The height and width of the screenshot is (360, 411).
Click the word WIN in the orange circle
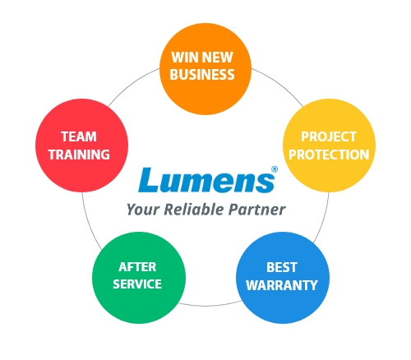tap(185, 58)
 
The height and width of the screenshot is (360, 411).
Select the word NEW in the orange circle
tap(218, 58)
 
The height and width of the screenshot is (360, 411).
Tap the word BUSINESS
tap(202, 75)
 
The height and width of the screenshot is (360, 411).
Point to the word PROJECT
tap(329, 136)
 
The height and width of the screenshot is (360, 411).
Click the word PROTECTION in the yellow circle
tap(329, 155)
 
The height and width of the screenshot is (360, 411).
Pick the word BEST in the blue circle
tap(282, 267)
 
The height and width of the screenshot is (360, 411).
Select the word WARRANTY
tap(282, 285)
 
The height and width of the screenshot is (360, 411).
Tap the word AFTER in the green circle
tap(137, 267)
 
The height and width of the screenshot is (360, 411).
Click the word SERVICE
tap(137, 284)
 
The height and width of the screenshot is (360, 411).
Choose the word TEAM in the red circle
tap(79, 136)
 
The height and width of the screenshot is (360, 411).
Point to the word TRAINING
tap(79, 155)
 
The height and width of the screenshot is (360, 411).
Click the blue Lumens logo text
tap(206, 180)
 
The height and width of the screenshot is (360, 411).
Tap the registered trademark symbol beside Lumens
tap(275, 169)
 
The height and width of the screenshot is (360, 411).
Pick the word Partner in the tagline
tap(257, 210)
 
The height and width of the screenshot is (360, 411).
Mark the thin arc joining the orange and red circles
tap(132, 84)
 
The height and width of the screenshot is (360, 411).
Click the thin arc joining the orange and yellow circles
tap(279, 85)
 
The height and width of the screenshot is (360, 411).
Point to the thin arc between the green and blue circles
tap(210, 304)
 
